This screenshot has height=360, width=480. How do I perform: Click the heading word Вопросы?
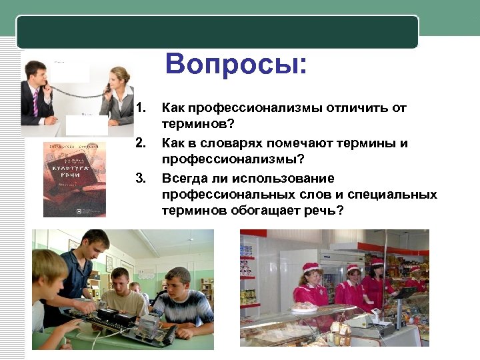237,65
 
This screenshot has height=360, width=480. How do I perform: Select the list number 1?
140,107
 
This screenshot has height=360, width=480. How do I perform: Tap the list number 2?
140,143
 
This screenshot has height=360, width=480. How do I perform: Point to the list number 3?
140,178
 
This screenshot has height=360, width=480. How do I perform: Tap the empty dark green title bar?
217,31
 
